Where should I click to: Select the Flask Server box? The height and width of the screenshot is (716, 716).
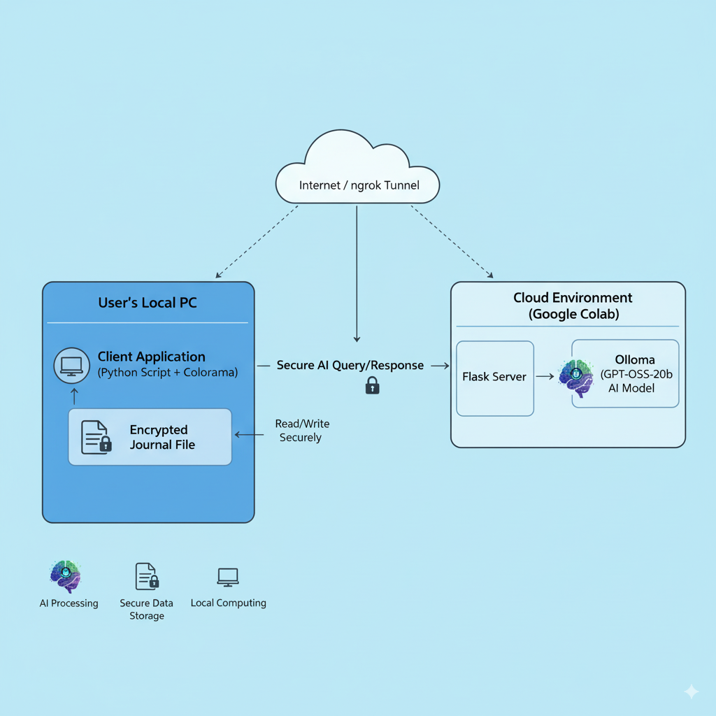coord(494,378)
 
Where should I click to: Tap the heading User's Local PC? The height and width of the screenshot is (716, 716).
coord(148,303)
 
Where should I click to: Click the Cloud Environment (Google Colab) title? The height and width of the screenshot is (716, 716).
coord(573,306)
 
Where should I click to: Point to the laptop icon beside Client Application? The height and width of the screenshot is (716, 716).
coord(71,365)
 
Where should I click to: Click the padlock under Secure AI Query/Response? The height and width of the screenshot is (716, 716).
coord(372,385)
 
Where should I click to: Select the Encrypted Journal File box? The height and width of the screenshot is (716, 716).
coord(150,437)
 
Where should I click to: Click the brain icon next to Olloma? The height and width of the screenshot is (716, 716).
coord(576,378)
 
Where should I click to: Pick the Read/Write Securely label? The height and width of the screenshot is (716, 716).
coord(301,431)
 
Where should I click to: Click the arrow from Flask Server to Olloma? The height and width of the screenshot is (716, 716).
coord(545,377)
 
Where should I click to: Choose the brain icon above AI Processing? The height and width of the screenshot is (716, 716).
coord(66,576)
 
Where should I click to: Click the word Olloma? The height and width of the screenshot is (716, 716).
coord(635,360)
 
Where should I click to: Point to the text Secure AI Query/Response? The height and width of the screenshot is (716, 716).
coord(350,365)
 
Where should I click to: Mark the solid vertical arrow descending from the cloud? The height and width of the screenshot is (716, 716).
coord(357,273)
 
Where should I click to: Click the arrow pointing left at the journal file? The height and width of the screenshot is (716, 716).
coord(248,435)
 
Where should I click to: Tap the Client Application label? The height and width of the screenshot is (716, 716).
coord(152,357)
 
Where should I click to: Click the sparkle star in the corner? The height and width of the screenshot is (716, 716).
coord(691,692)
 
